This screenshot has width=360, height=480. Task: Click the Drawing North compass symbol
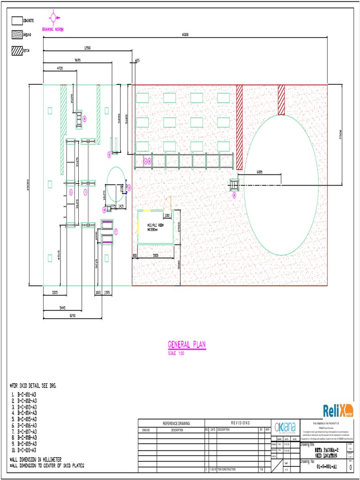pyautogui.click(x=53, y=18)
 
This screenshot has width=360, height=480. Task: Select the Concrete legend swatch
pyautogui.click(x=17, y=21)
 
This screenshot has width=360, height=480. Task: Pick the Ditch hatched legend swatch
pyautogui.click(x=17, y=51)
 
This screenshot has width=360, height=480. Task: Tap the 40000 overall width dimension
pyautogui.click(x=185, y=35)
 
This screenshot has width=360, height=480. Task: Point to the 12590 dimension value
pyautogui.click(x=87, y=48)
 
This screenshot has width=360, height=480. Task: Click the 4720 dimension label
pyautogui.click(x=60, y=68)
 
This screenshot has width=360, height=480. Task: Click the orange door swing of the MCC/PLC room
pyautogui.click(x=169, y=203)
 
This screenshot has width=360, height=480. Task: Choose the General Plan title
pyautogui.click(x=187, y=345)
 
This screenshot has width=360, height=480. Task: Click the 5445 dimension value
pyautogui.click(x=62, y=307)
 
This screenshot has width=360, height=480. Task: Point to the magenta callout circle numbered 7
pyautogui.click(x=116, y=231)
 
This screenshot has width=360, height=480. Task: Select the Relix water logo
pyautogui.click(x=338, y=411)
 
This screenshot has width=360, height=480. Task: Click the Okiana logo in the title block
pyautogui.click(x=285, y=427)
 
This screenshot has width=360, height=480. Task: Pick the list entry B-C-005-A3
pyautogui.click(x=27, y=419)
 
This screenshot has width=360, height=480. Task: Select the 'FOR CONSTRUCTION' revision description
pyautogui.click(x=229, y=469)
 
